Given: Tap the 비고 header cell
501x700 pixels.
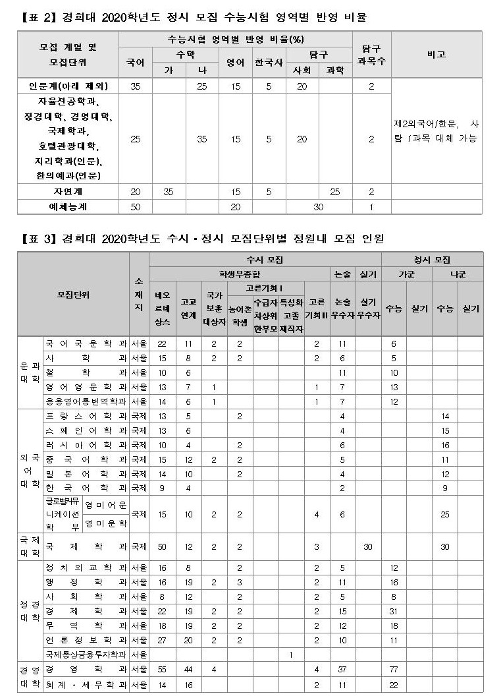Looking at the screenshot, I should pyautogui.click(x=436, y=55).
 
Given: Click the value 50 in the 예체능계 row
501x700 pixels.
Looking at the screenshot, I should pyautogui.click(x=135, y=206).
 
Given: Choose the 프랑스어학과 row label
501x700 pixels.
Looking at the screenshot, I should pyautogui.click(x=86, y=416).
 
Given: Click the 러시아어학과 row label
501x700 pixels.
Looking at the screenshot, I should pyautogui.click(x=86, y=445).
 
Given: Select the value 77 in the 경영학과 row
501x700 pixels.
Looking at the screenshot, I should pyautogui.click(x=394, y=669).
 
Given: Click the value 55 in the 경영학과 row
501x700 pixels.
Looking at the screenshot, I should pyautogui.click(x=162, y=669).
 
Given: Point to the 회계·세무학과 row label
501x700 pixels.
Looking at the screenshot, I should pyautogui.click(x=86, y=685).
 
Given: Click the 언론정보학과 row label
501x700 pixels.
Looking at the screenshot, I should pyautogui.click(x=86, y=639).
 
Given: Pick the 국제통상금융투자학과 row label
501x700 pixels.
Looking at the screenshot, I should pyautogui.click(x=86, y=655).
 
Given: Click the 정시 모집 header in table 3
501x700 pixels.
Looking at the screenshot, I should pyautogui.click(x=432, y=260).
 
